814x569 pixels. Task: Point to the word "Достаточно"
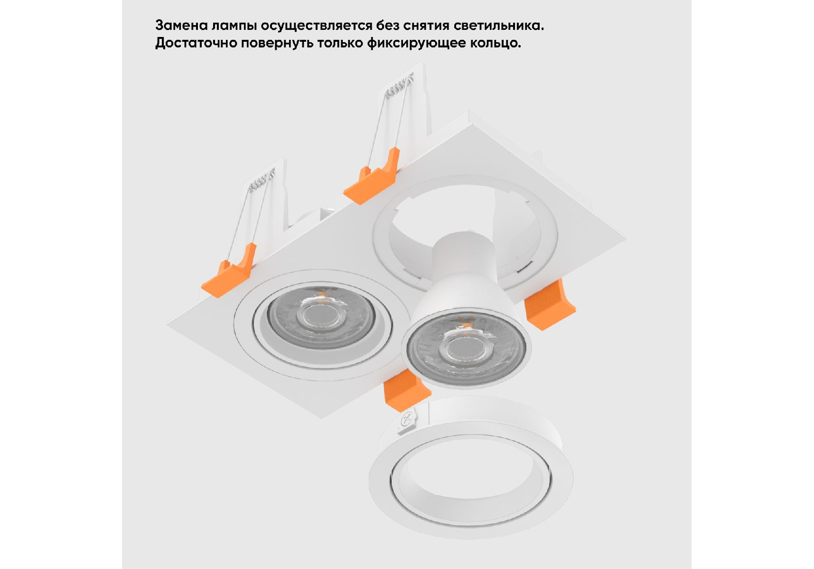click(x=196, y=43)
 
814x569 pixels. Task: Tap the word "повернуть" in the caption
click(x=277, y=43)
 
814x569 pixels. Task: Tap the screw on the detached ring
click(x=407, y=420)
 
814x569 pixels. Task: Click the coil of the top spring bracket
click(x=399, y=87)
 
